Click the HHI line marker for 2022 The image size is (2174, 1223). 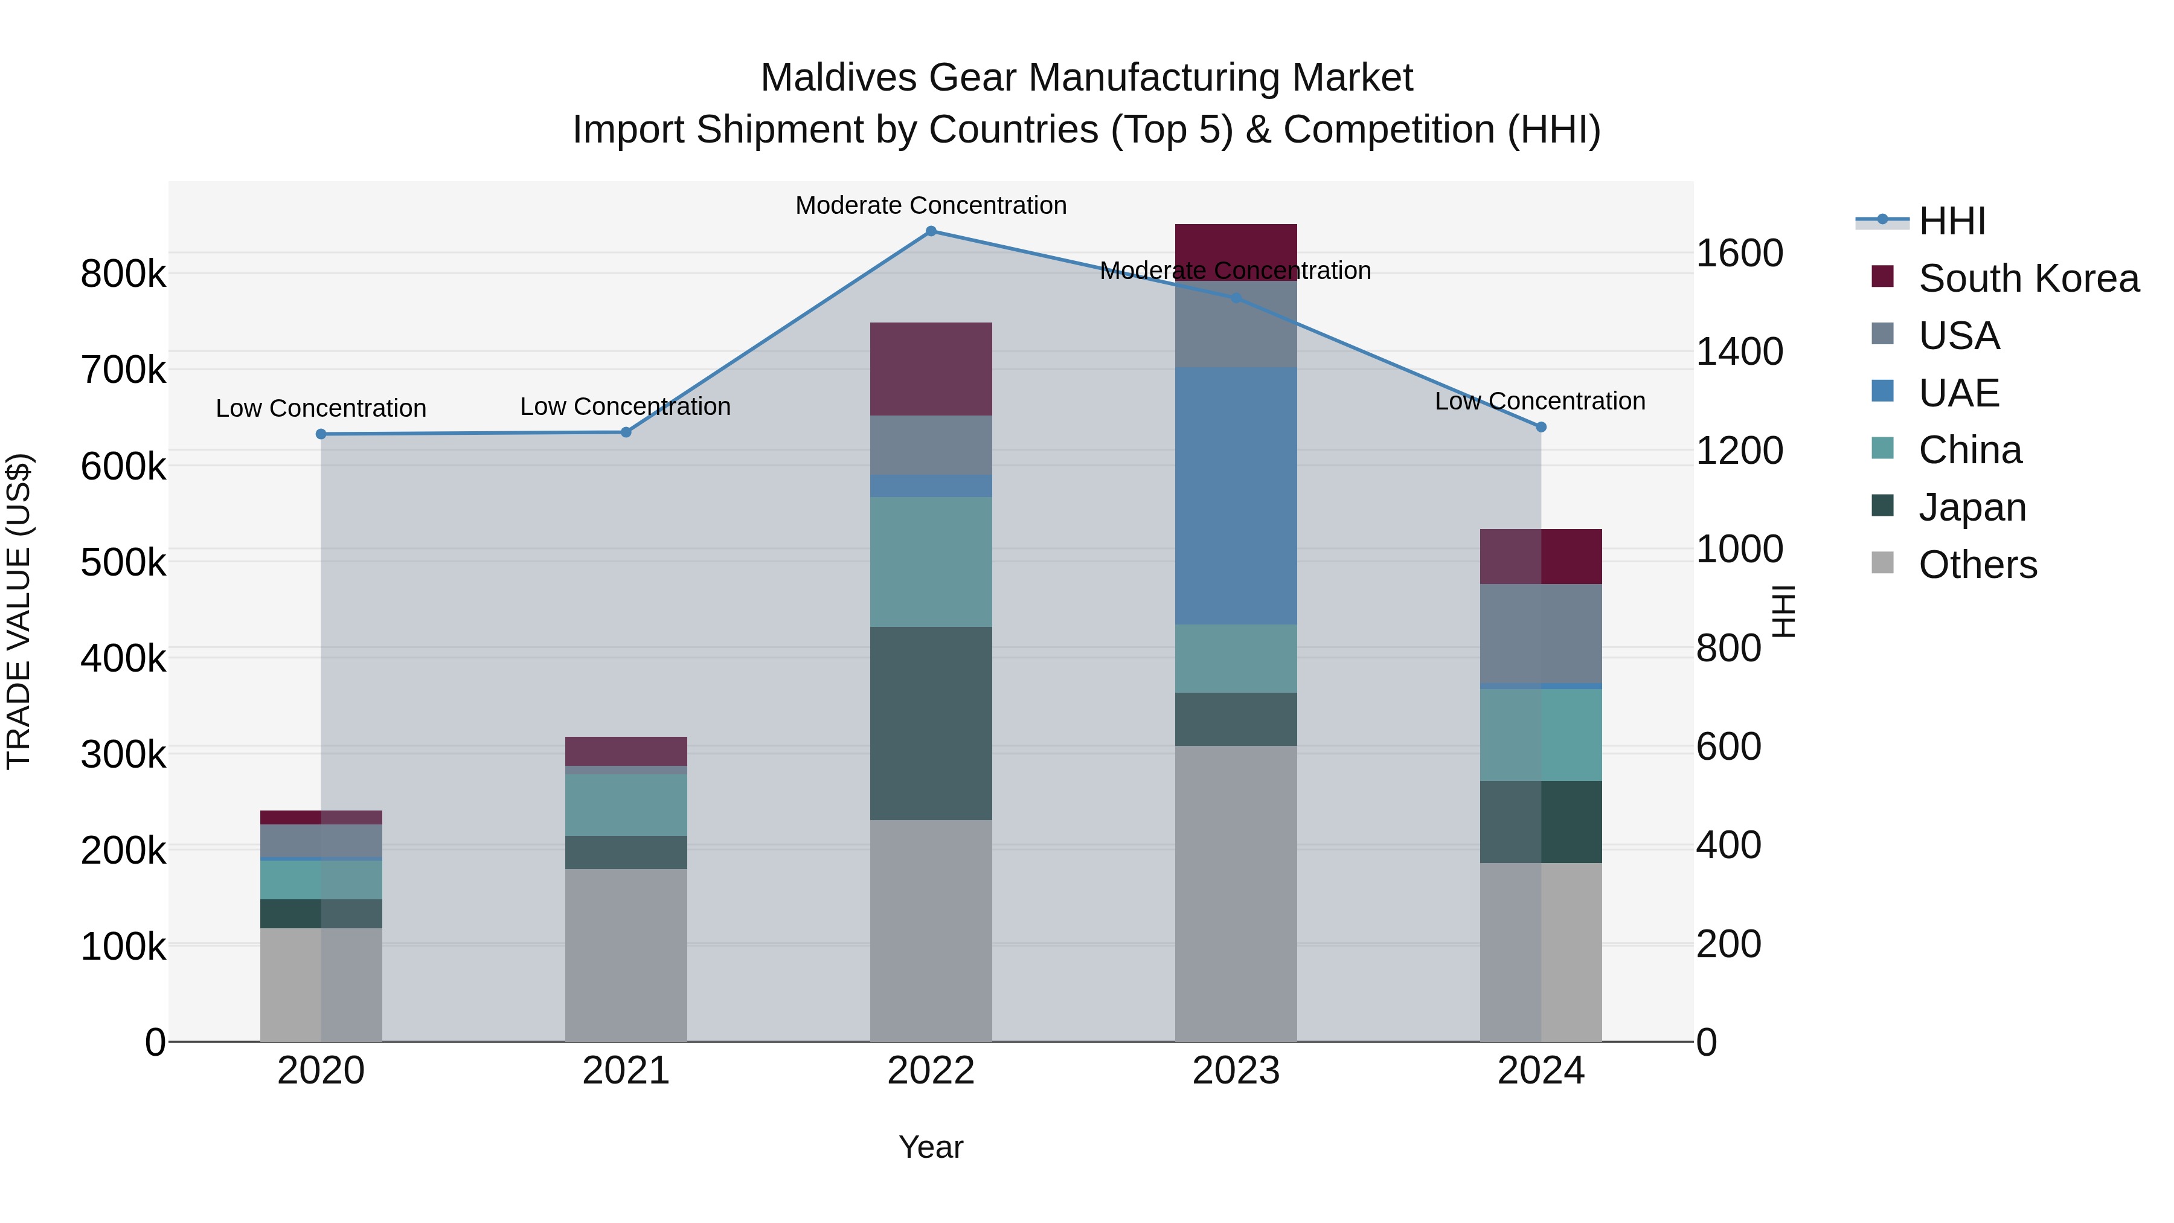tap(931, 231)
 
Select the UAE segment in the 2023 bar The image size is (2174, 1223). tap(1236, 496)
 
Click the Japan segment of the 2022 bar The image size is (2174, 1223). tap(931, 724)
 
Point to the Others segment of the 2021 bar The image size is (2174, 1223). tap(626, 955)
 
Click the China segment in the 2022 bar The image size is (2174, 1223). tap(931, 562)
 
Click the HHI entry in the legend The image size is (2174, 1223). tap(1951, 221)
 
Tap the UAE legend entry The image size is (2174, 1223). tap(1958, 393)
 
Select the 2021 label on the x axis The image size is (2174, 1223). tap(626, 1071)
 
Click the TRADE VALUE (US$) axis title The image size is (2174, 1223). tap(19, 611)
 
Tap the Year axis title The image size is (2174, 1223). tap(931, 1147)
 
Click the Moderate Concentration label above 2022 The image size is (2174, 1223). tap(931, 205)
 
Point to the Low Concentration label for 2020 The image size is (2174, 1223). tap(321, 408)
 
